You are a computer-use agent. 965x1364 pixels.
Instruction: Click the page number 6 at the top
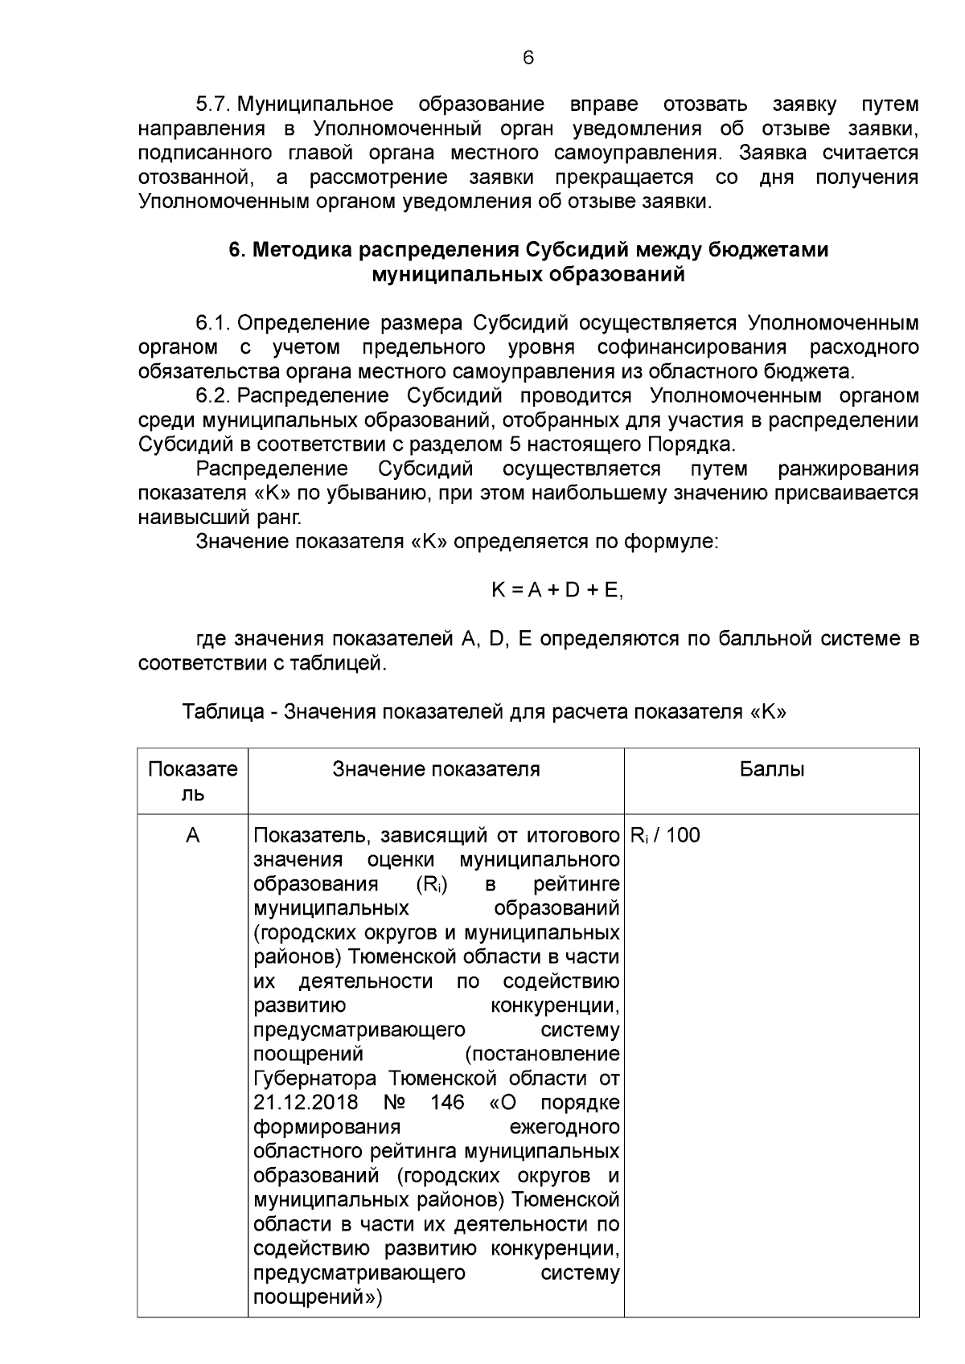coord(528,58)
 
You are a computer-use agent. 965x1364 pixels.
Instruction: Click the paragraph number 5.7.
coord(214,104)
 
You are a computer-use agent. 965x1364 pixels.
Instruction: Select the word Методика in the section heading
coord(302,250)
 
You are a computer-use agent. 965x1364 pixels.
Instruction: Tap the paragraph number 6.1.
coord(214,323)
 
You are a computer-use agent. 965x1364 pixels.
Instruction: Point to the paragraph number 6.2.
coord(214,395)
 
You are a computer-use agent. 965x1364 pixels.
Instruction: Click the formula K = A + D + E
coord(557,590)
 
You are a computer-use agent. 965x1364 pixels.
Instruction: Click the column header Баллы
coord(771,769)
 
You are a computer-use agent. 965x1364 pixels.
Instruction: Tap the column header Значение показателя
coord(436,769)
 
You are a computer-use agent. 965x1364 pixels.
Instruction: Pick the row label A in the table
coord(193,836)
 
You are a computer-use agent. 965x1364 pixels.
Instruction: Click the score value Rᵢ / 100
coord(665,836)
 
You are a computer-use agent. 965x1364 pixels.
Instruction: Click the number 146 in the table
coord(447,1102)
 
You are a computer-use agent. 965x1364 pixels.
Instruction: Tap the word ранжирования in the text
coord(848,469)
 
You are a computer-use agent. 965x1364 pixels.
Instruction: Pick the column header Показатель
coord(193,781)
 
